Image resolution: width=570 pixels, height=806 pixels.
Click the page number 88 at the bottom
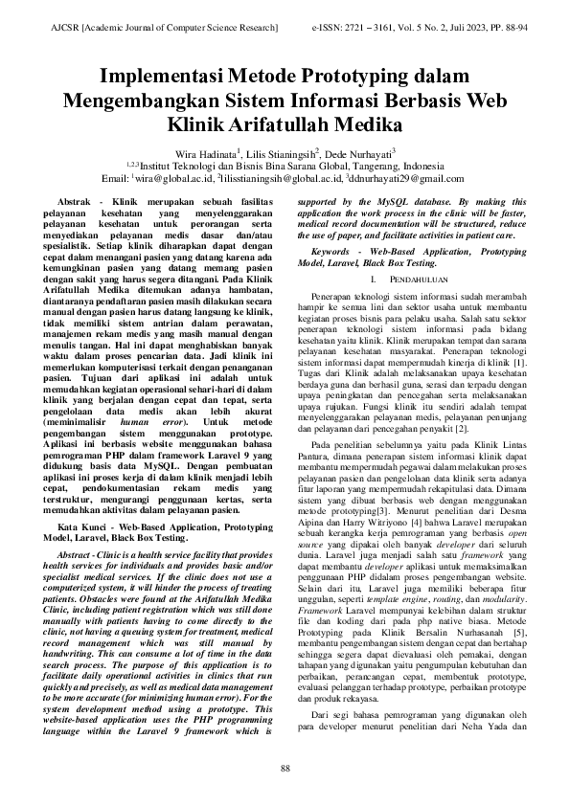[x=285, y=770]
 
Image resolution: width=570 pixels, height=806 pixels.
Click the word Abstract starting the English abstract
[x=81, y=557]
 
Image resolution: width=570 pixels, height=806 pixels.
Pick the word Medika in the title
[x=364, y=123]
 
